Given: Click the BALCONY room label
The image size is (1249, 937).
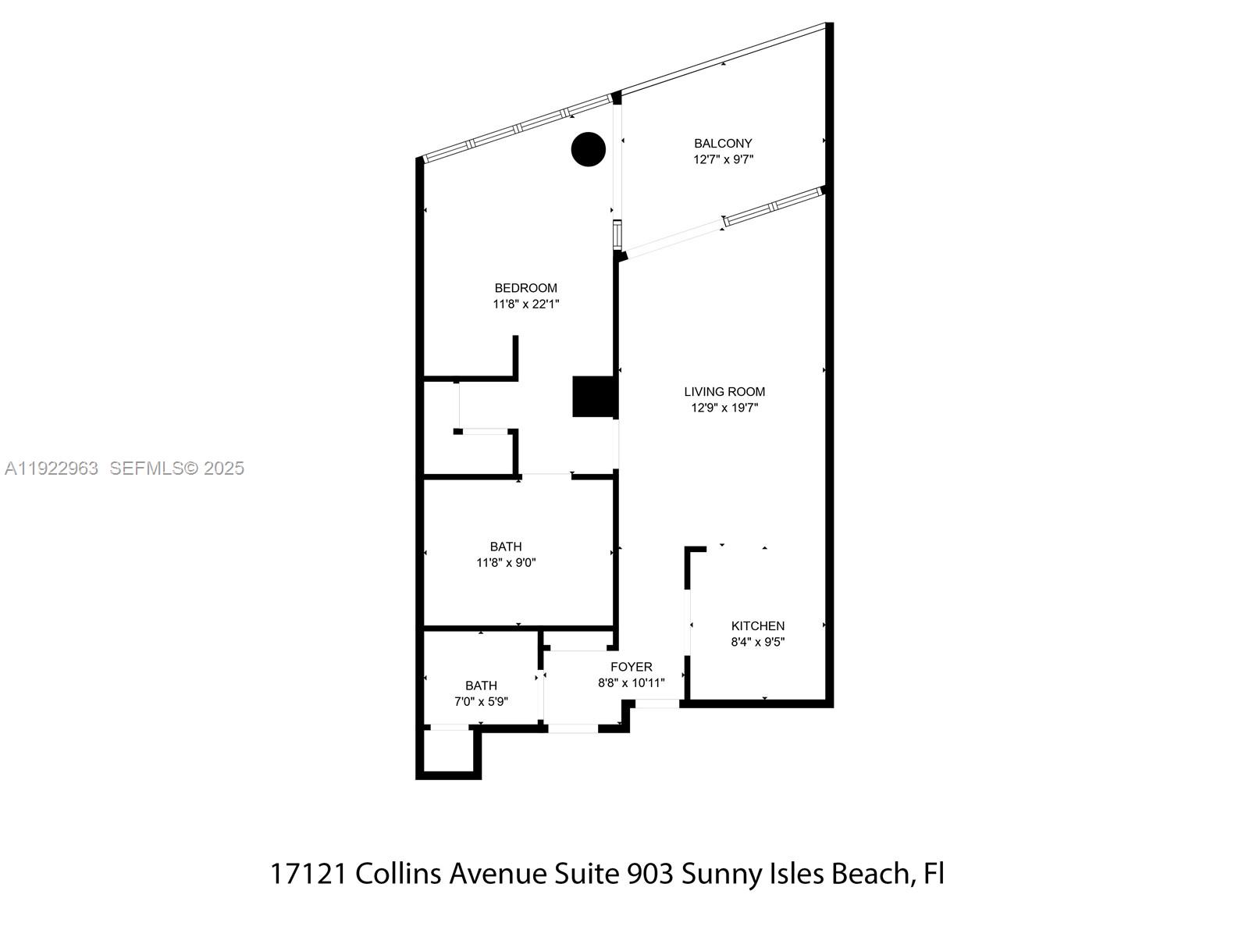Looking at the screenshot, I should pos(723,144).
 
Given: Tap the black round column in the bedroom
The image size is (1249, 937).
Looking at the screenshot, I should pos(589,149).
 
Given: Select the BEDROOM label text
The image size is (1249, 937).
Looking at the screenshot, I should pos(525,288).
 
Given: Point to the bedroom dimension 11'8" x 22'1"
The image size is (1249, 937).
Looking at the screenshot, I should pos(525,305).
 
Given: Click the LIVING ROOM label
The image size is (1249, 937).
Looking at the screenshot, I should pos(724,392).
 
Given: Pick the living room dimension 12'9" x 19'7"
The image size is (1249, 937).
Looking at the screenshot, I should pos(724,408).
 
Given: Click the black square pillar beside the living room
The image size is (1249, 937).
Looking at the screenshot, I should pos(595,397).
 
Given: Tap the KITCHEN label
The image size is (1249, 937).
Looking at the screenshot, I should pos(757,626).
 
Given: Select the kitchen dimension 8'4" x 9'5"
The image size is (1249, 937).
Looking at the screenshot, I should pos(757,643).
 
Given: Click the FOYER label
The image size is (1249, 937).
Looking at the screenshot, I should pos(631,667).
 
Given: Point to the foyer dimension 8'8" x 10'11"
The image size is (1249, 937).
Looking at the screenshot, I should pos(631,683).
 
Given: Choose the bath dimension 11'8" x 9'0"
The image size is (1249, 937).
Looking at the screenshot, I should pos(506,563).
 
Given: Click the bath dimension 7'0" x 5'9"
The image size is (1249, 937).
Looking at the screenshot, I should pos(481,702).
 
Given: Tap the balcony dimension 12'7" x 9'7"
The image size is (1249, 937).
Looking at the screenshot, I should pos(723,160).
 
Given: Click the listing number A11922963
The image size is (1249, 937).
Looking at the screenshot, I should pos(52,468).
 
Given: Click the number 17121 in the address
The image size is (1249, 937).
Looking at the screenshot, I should pos(309,874).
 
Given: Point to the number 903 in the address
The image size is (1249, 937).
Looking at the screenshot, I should pos(650,874).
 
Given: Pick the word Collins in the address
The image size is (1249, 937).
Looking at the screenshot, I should pos(398,874).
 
